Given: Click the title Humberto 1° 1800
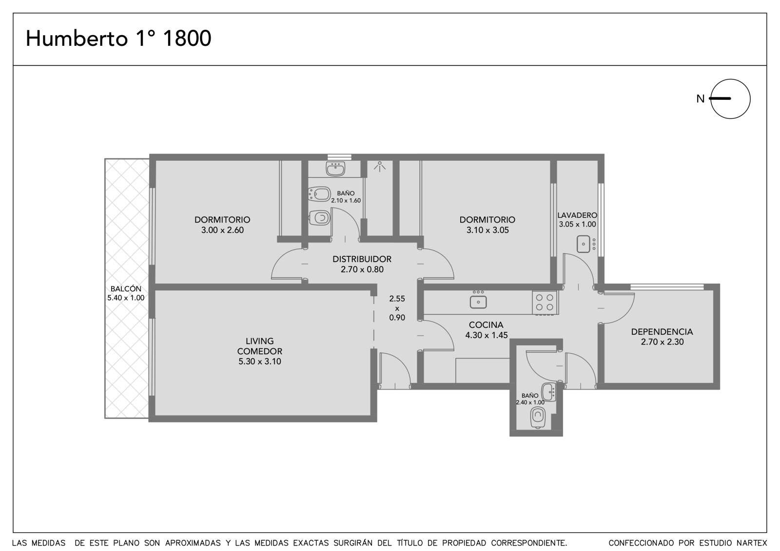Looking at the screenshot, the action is [x=118, y=38].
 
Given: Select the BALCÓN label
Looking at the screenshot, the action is [x=126, y=288].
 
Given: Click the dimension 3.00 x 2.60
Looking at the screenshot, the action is [x=222, y=230].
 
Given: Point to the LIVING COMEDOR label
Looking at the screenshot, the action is [x=259, y=346].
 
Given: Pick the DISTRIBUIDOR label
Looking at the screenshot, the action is [x=362, y=259].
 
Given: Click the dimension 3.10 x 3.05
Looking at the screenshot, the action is [x=487, y=230].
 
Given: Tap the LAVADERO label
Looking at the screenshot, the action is [x=577, y=215].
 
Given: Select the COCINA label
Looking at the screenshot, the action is [x=486, y=325].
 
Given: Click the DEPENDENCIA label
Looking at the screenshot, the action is [x=662, y=332].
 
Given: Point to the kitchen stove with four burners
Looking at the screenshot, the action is [x=545, y=303].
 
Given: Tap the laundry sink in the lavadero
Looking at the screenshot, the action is [x=586, y=244].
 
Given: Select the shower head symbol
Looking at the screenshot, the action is [x=380, y=167].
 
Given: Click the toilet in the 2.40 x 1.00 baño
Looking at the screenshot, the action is [x=538, y=418].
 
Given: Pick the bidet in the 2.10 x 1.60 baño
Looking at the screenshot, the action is [x=319, y=194].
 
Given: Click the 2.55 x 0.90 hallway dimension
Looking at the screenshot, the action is [x=397, y=308].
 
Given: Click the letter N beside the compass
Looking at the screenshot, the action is [x=700, y=99].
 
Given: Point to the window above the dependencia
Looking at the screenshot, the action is [x=667, y=287].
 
